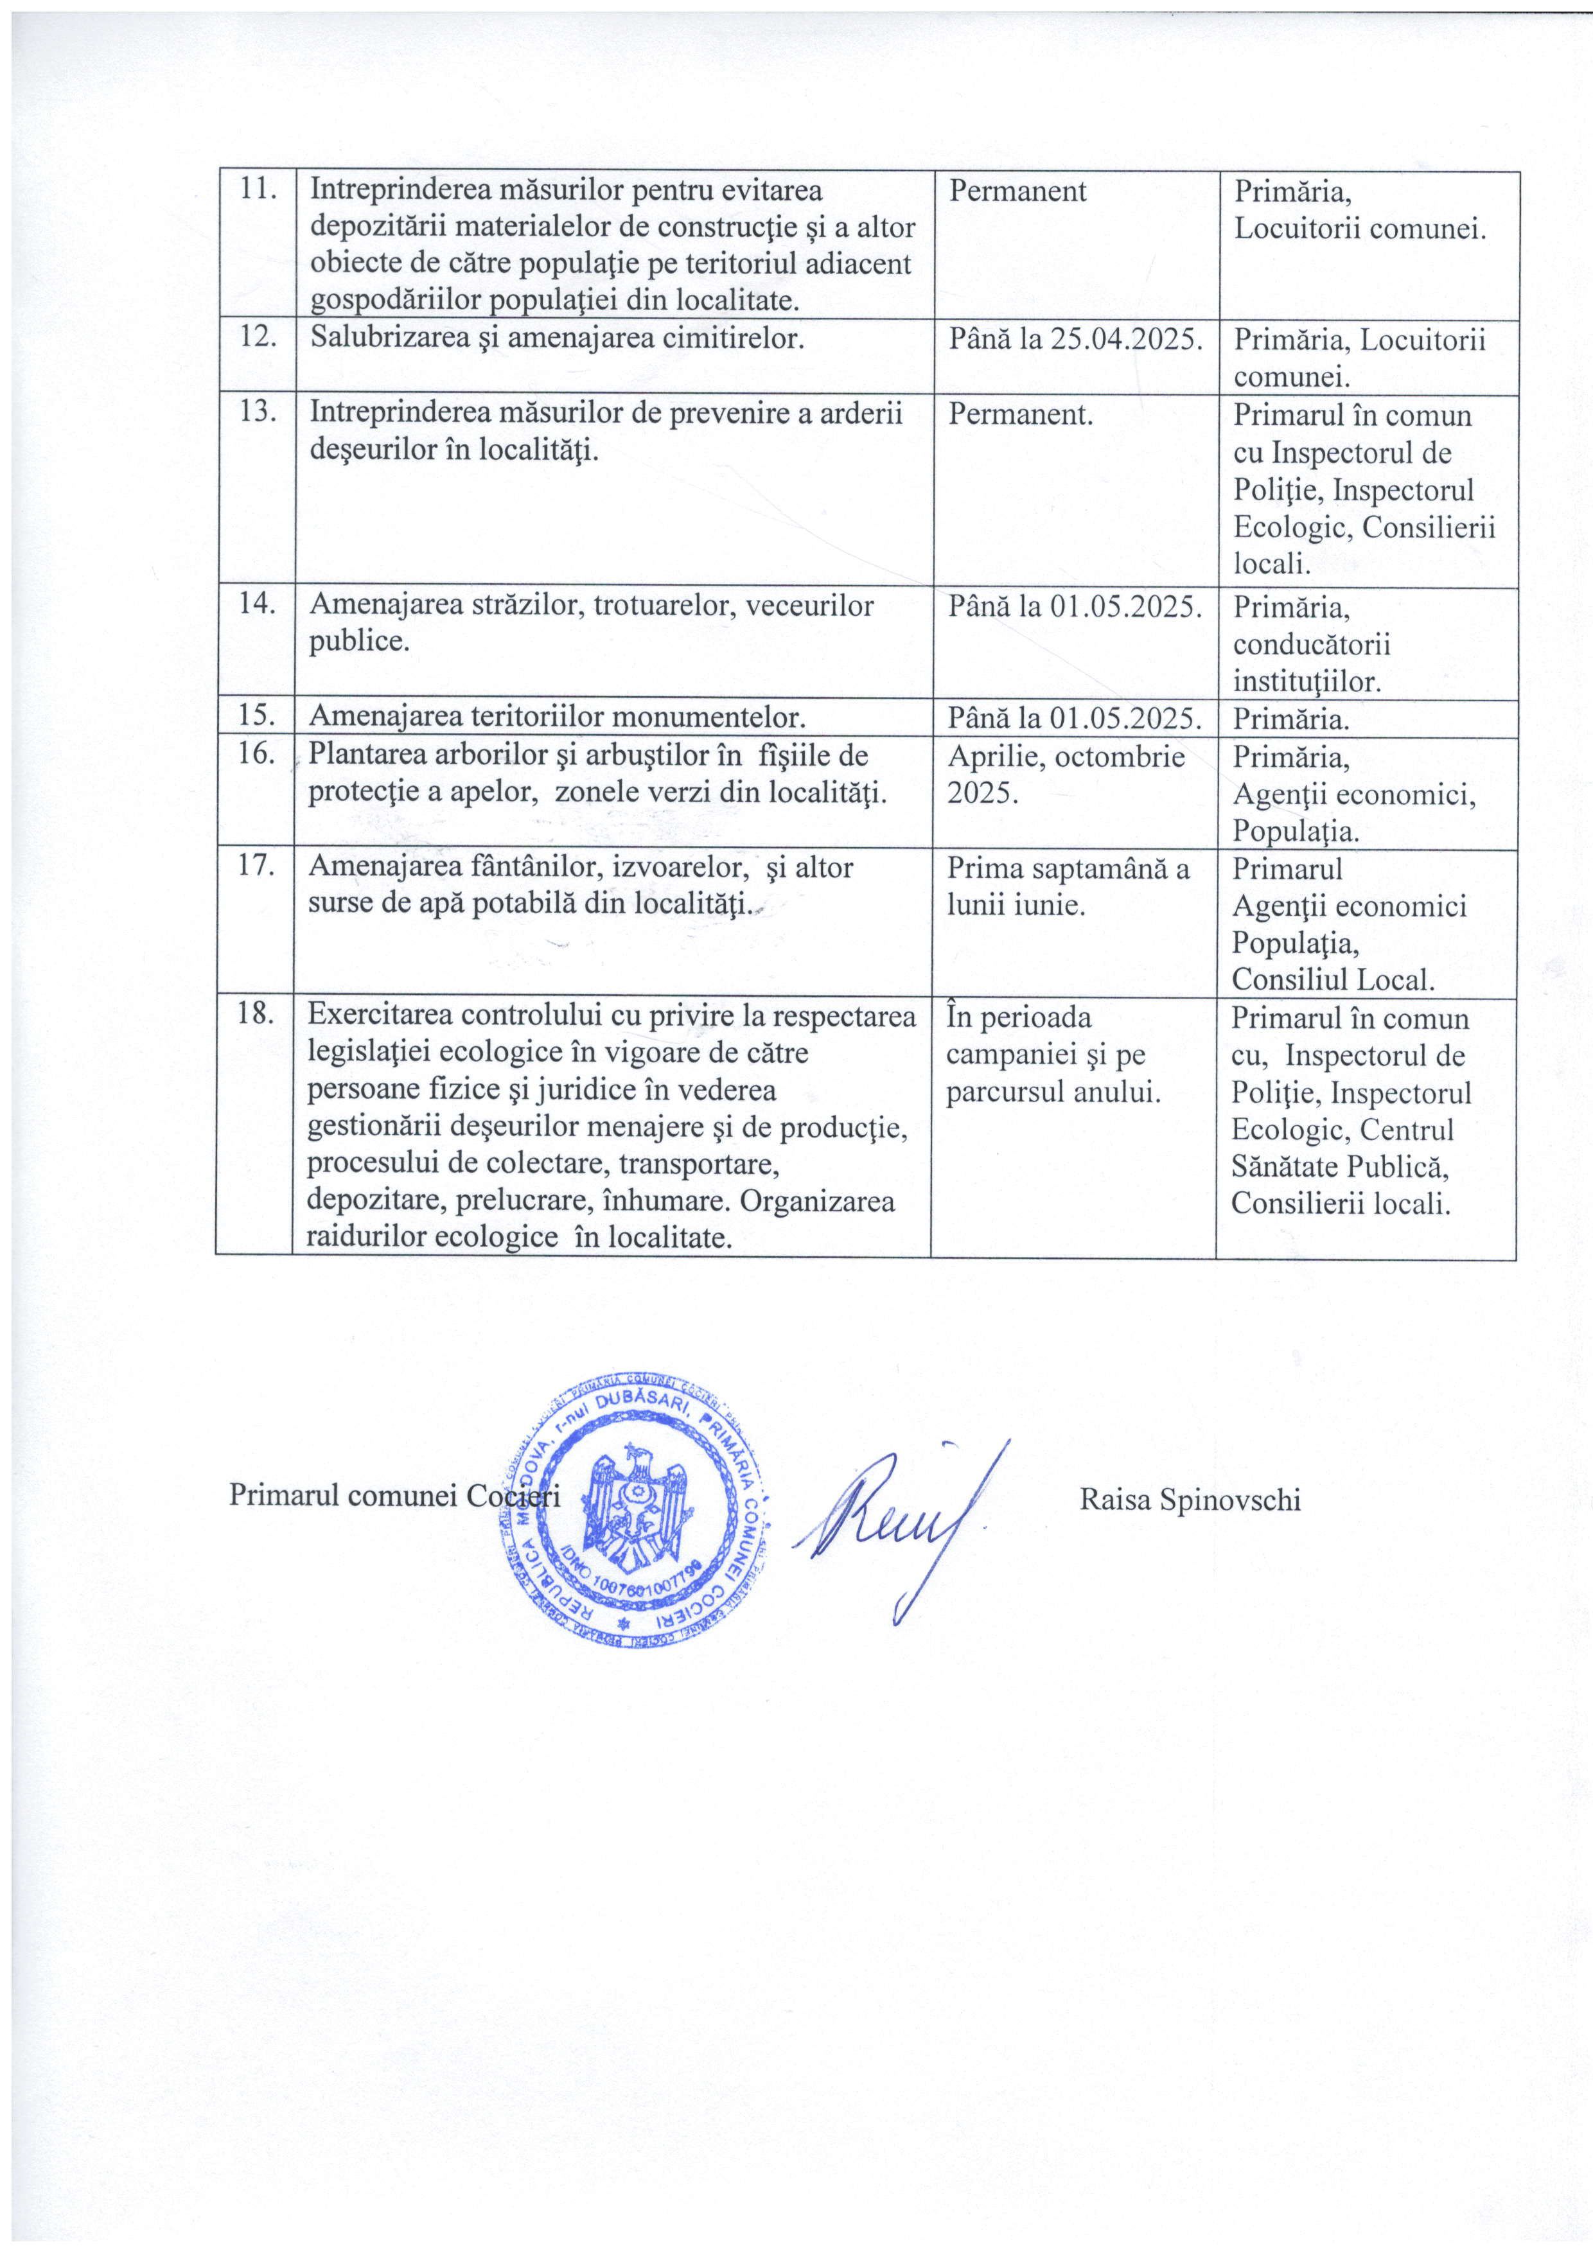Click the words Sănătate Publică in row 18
[1340, 1168]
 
